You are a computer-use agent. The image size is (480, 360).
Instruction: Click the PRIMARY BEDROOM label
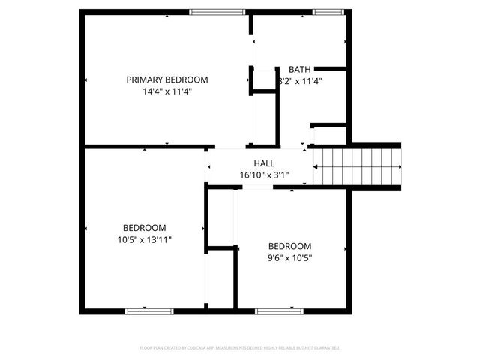pyautogui.click(x=166, y=79)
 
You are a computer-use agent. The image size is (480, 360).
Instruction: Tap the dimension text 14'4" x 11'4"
pyautogui.click(x=166, y=92)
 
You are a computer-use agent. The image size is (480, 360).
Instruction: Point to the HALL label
pyautogui.click(x=264, y=163)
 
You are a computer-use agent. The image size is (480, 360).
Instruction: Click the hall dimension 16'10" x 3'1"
pyautogui.click(x=264, y=175)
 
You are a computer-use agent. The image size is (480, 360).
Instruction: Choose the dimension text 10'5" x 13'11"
pyautogui.click(x=145, y=240)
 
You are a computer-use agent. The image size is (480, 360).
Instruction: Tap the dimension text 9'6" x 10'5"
pyautogui.click(x=289, y=258)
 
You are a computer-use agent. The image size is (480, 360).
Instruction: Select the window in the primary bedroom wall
pyautogui.click(x=217, y=11)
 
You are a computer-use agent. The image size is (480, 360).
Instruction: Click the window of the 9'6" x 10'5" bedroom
pyautogui.click(x=278, y=310)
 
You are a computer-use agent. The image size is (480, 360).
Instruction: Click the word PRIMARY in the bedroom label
pyautogui.click(x=142, y=79)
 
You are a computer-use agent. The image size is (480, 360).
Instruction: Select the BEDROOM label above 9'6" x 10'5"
pyautogui.click(x=289, y=246)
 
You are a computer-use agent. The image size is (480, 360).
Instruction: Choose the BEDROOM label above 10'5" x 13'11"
pyautogui.click(x=145, y=228)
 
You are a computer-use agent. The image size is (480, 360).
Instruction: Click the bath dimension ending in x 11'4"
pyautogui.click(x=300, y=81)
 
